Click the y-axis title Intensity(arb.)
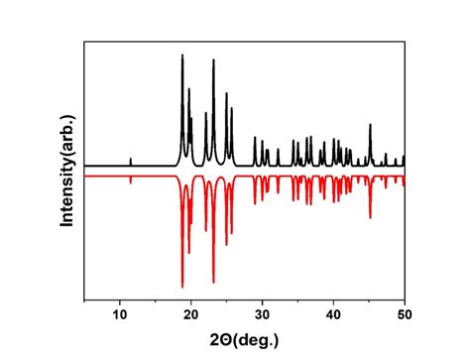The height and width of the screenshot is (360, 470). (67, 176)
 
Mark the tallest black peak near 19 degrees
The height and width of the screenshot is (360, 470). (182, 56)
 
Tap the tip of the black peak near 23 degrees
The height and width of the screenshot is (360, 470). (213, 60)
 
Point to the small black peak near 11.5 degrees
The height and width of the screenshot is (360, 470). (131, 159)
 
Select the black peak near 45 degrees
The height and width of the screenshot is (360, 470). (370, 125)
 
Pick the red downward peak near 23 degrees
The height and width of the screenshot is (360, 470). (213, 282)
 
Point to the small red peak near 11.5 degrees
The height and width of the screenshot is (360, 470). (131, 181)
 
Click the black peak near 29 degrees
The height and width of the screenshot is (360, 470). (255, 139)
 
